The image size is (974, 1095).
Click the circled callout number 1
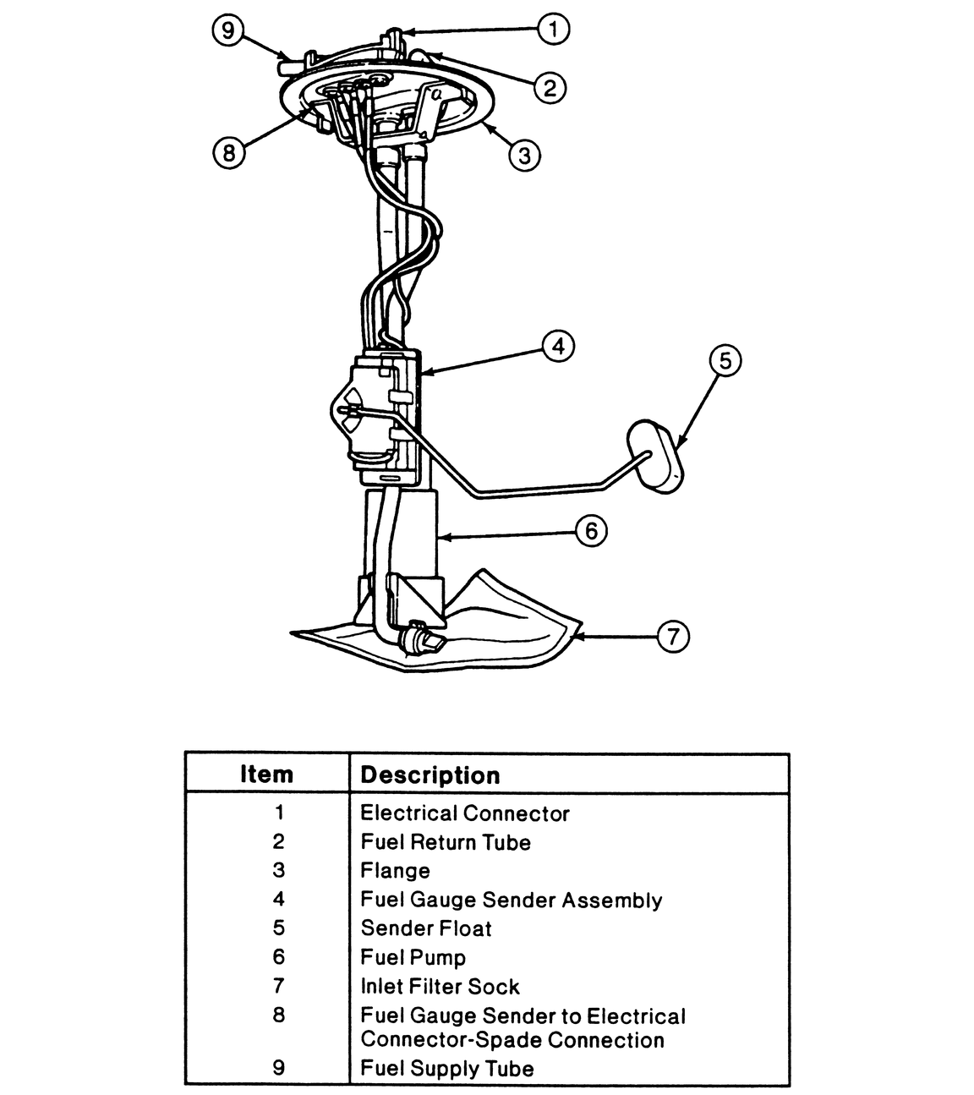click(x=554, y=31)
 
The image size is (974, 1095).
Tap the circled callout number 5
click(x=725, y=361)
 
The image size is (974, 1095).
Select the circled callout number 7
click(x=673, y=636)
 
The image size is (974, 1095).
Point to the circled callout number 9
click(x=227, y=31)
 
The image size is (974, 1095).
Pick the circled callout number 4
click(x=558, y=347)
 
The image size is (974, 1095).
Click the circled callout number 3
click(x=524, y=155)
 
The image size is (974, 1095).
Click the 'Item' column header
click(x=266, y=775)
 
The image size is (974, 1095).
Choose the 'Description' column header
click(x=430, y=775)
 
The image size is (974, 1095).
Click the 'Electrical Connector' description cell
click(x=465, y=813)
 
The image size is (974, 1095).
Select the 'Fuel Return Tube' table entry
click(x=446, y=842)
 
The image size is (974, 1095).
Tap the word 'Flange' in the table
click(x=395, y=871)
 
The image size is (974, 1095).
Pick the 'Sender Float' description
click(x=426, y=928)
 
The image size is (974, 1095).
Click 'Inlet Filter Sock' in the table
click(x=440, y=987)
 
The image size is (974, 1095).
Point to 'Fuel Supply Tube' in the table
click(x=447, y=1069)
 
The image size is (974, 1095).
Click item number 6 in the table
click(x=279, y=957)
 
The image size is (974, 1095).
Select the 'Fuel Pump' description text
click(x=413, y=957)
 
